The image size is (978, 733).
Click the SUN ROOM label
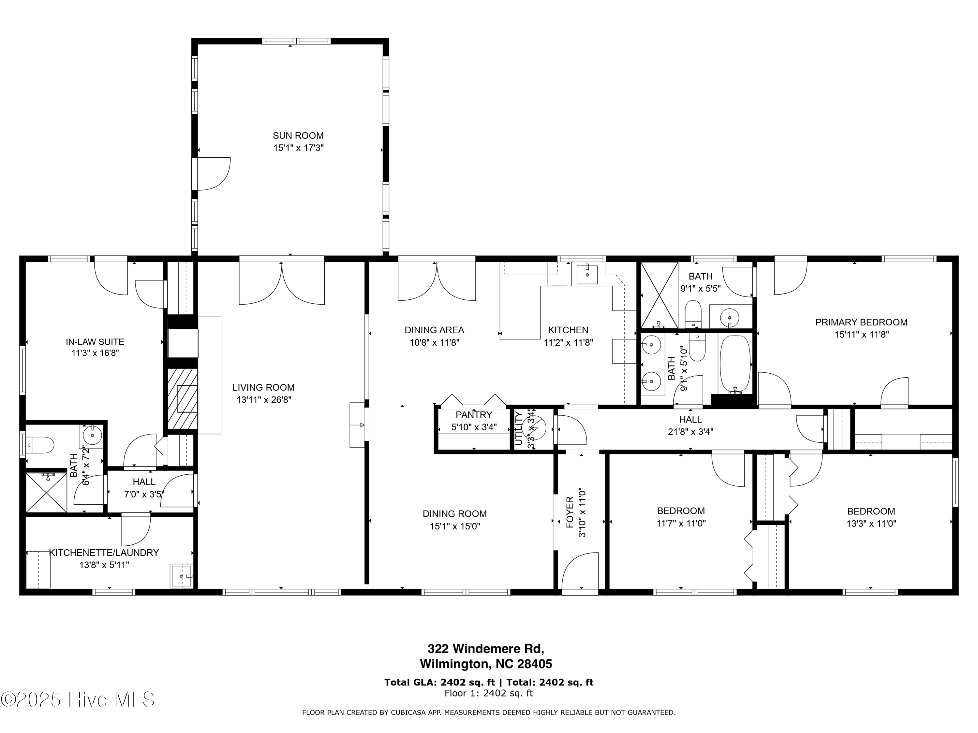pos(298,136)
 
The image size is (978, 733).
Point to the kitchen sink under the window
pos(587,274)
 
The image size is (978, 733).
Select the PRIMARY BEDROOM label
pos(861,323)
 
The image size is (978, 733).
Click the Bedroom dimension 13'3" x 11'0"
pos(871,524)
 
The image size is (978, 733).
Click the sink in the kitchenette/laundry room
pos(181,576)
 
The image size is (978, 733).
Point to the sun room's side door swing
pos(214,174)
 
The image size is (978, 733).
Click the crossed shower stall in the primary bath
pos(659,295)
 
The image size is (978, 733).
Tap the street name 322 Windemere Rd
pos(485,649)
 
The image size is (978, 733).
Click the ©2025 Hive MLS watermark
pos(78,699)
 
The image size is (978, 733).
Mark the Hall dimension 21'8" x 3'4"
pos(690,432)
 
